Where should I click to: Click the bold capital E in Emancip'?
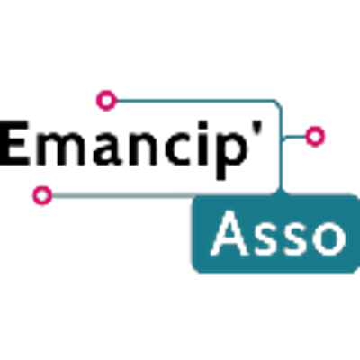pyautogui.click(x=15, y=143)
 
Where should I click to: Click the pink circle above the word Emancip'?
pyautogui.click(x=106, y=101)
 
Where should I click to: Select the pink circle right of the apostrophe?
pyautogui.click(x=315, y=137)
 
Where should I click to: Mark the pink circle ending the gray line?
pyautogui.click(x=42, y=195)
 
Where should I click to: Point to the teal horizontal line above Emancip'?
pyautogui.click(x=195, y=100)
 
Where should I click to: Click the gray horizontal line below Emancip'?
pyautogui.click(x=123, y=196)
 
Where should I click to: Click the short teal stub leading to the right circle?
pyautogui.click(x=295, y=137)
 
